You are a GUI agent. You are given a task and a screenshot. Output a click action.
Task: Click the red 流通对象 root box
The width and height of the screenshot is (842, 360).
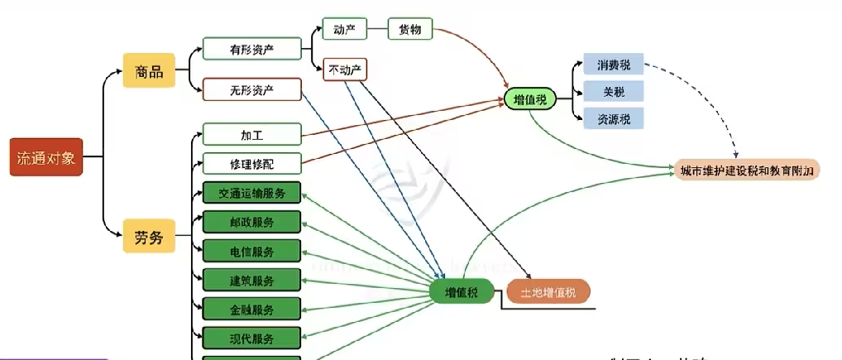[x=46, y=157]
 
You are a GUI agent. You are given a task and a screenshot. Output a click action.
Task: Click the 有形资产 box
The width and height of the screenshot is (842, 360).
[x=252, y=50]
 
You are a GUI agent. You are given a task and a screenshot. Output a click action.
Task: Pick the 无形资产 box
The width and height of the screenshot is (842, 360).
[x=252, y=89]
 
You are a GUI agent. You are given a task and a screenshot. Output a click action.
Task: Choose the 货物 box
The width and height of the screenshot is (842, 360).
[x=411, y=30]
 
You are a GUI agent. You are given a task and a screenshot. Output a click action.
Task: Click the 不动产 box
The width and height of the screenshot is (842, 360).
[x=346, y=70]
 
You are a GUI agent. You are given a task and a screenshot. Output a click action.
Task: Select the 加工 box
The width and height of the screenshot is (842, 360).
[x=252, y=134]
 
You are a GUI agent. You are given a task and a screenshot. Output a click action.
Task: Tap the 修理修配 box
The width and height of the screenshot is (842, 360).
[x=252, y=164]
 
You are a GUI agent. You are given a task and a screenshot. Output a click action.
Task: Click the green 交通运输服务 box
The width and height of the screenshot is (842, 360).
[x=252, y=194]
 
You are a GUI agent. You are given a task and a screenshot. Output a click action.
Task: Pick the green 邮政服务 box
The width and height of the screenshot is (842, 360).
[x=252, y=222]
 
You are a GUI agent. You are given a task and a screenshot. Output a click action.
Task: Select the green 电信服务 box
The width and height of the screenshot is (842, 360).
[x=252, y=251]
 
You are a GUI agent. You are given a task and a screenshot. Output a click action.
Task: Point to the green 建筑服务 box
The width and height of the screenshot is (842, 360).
[x=252, y=280]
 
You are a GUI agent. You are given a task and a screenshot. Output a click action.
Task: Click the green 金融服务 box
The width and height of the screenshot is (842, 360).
[x=252, y=310]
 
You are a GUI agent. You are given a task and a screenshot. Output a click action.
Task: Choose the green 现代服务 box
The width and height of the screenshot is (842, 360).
[x=252, y=338]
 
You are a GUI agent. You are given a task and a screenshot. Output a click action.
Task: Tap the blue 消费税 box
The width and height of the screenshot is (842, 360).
[x=614, y=65]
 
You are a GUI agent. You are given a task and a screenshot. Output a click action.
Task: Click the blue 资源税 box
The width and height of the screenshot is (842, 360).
[x=614, y=118]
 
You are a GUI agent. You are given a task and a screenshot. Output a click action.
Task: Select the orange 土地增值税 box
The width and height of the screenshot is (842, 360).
[x=548, y=291]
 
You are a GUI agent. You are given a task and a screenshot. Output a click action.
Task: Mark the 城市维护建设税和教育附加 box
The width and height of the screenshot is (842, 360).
[x=747, y=170]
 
